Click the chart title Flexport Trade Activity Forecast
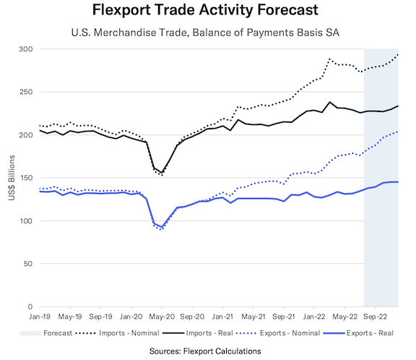point(207,12)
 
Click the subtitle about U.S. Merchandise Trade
point(207,33)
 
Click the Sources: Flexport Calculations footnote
point(207,351)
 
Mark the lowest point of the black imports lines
point(161,174)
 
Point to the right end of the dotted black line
point(398,54)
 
